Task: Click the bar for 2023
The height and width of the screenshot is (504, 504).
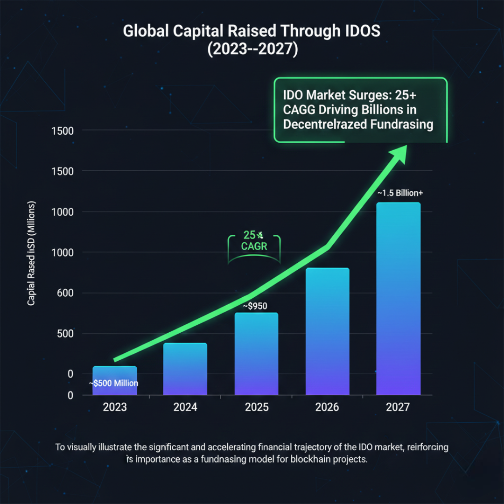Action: pos(114,380)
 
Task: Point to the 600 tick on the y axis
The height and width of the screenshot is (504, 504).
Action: pos(65,294)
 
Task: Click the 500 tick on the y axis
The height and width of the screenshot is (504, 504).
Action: pos(65,334)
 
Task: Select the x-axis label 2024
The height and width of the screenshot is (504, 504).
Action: pos(185,407)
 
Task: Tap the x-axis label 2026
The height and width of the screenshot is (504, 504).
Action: pos(327,407)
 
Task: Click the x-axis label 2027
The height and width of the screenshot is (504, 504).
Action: pos(398,407)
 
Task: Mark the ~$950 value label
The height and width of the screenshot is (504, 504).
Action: pos(255,306)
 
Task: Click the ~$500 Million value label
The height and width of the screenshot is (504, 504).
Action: pos(114,384)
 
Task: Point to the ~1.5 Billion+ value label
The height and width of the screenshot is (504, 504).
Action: pos(400,193)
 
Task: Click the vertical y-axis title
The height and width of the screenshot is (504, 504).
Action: pos(31,254)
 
